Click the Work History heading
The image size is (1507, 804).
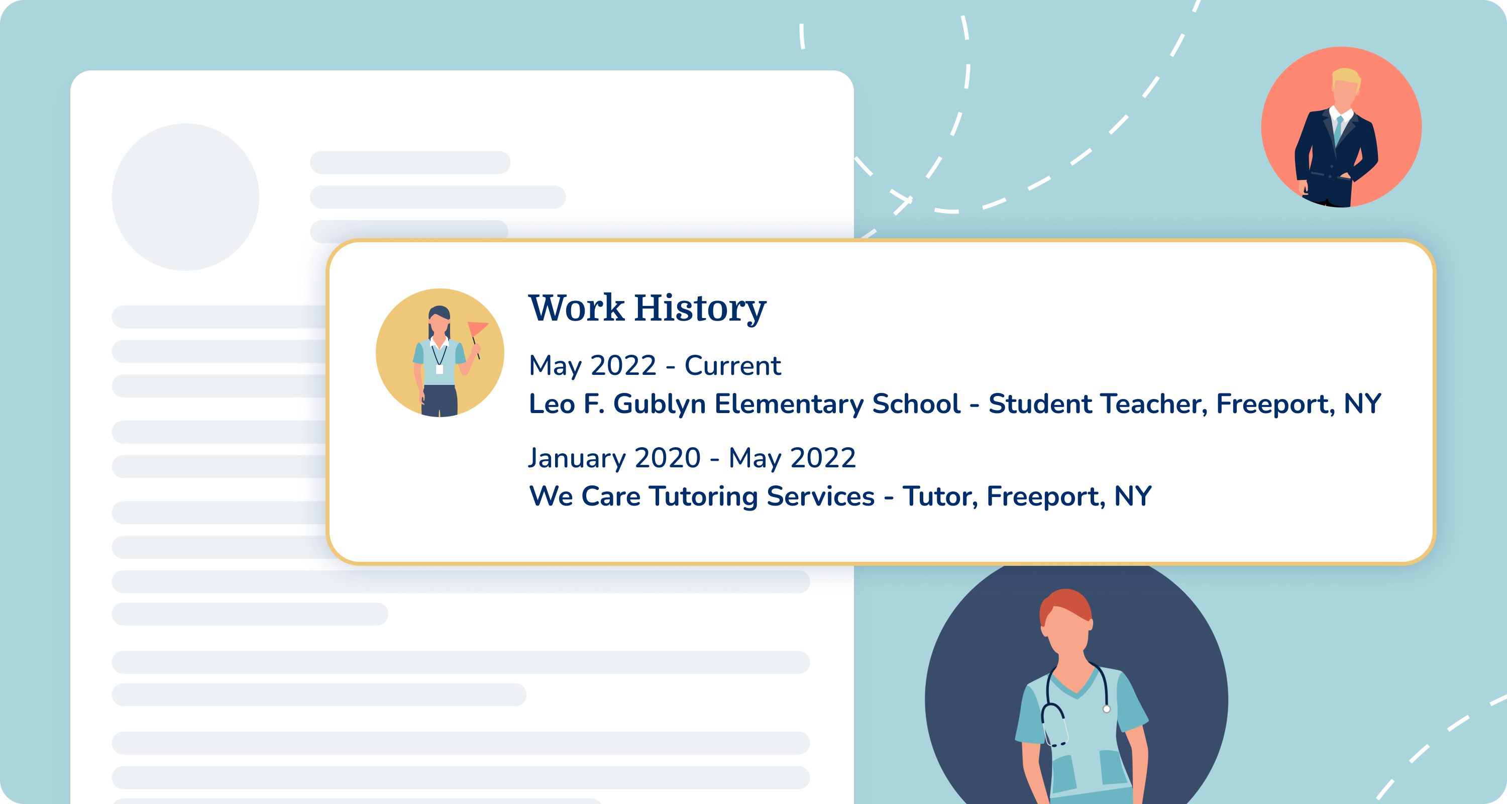coord(647,308)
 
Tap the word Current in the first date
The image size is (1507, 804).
coord(732,366)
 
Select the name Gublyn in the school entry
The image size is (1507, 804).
coord(659,404)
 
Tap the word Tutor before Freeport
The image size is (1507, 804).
coord(938,496)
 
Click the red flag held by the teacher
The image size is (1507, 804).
coord(477,328)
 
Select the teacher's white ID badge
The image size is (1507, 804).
coord(440,369)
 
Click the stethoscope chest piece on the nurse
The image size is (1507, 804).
coord(1106,709)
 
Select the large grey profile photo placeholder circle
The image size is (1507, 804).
coord(185,196)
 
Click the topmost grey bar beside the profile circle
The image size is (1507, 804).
coord(409,162)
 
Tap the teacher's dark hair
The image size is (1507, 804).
coord(440,312)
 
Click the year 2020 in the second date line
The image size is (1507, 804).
coord(668,458)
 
